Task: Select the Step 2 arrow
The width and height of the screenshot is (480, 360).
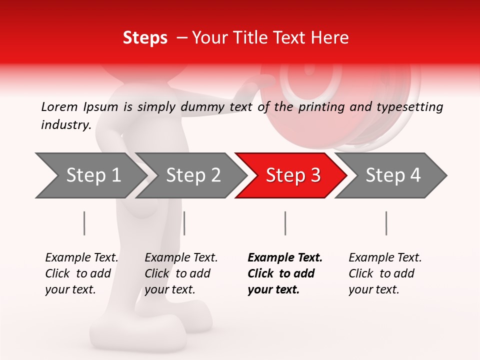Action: (x=193, y=175)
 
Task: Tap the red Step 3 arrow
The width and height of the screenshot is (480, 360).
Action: (x=293, y=175)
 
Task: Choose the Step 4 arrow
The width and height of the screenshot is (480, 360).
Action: (x=393, y=175)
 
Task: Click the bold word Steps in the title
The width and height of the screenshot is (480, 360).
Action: (x=145, y=38)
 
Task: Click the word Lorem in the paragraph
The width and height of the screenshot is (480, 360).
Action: (x=58, y=106)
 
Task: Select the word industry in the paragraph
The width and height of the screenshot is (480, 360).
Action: (x=65, y=125)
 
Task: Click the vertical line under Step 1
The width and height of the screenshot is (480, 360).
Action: (x=84, y=223)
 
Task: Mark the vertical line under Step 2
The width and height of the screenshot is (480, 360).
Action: (x=184, y=223)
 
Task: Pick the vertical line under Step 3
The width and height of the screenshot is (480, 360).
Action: (x=285, y=223)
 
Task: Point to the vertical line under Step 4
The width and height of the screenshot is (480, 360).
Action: (x=386, y=223)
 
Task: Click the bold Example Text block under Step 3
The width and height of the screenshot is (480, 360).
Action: (x=285, y=273)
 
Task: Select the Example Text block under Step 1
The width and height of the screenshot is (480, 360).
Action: (x=81, y=273)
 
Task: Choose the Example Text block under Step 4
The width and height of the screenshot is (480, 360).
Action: (x=385, y=273)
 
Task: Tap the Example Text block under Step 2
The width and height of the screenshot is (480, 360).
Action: (x=181, y=273)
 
